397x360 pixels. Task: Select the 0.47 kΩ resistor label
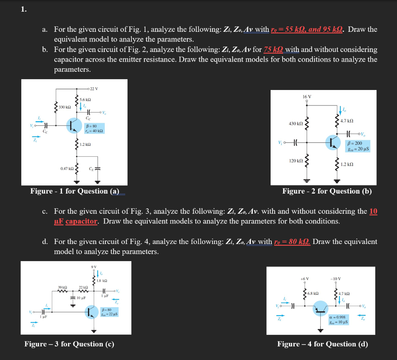coord(67,168)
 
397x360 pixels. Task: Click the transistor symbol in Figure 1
coord(74,125)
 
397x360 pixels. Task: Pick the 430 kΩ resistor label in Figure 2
coord(296,123)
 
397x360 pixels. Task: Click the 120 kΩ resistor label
coord(296,160)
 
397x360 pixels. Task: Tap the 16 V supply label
coord(307,97)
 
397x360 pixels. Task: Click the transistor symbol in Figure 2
coord(333,142)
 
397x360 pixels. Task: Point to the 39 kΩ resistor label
coord(62,287)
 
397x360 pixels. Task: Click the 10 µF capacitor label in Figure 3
coord(81,298)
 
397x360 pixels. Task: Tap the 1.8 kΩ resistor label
coord(102,280)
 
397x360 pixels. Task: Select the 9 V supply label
coord(93,267)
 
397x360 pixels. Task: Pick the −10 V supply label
coord(336,279)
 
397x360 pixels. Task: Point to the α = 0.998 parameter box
coord(338,319)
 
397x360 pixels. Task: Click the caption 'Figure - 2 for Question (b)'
coord(327,191)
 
